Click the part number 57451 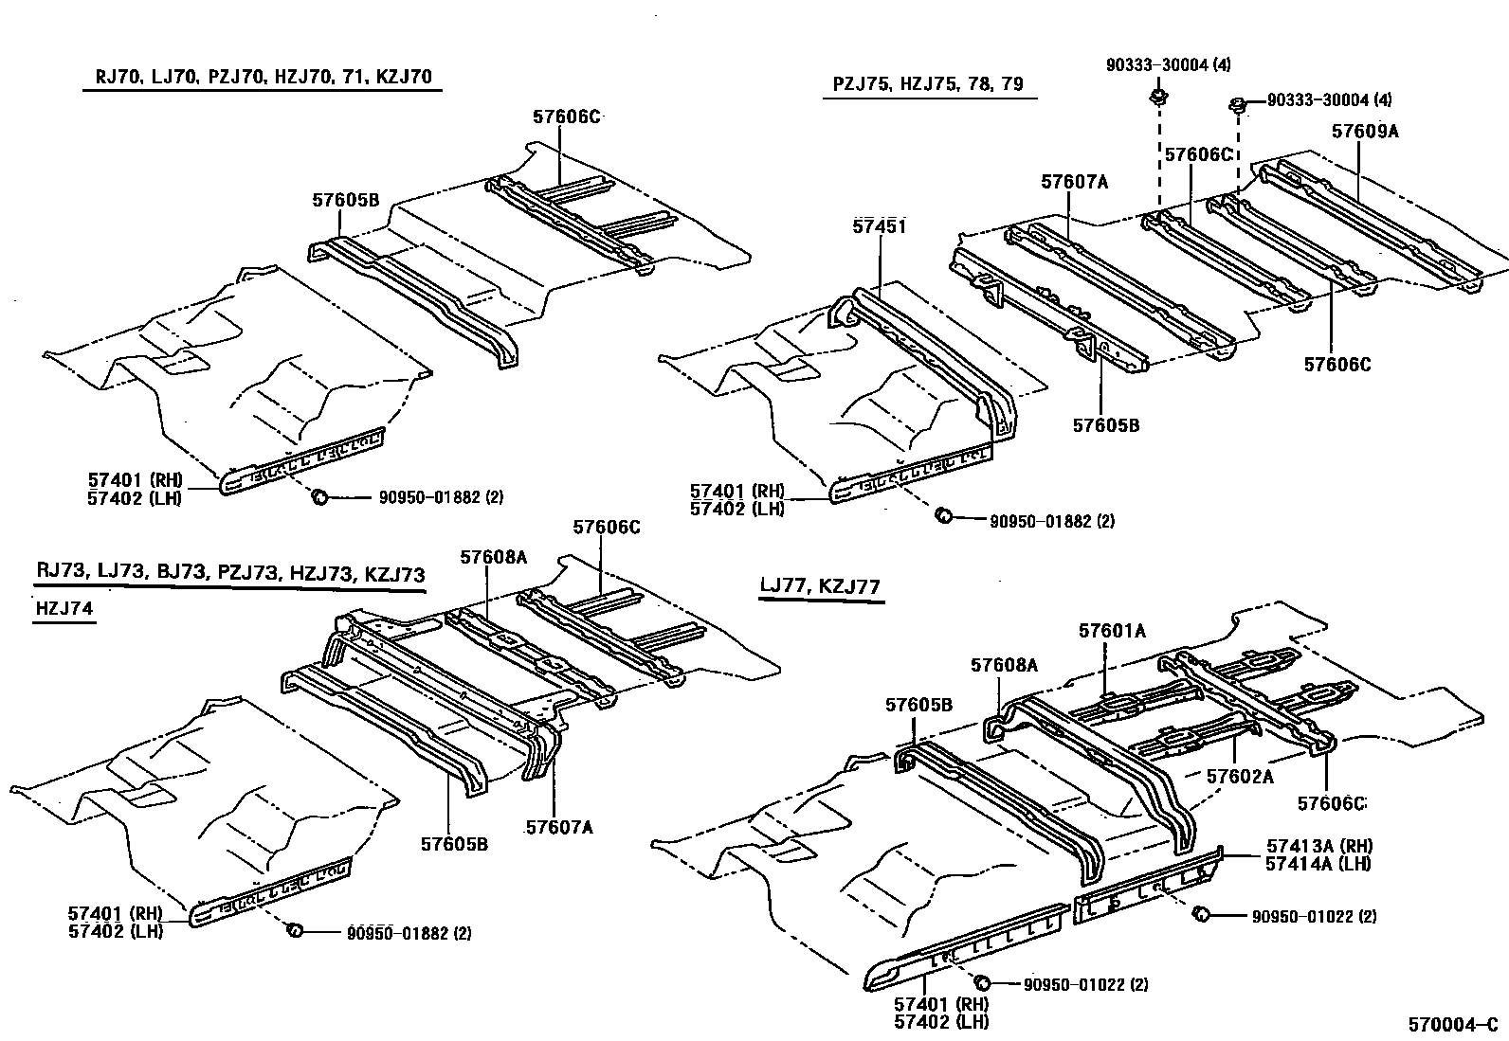880,226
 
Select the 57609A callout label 1364,132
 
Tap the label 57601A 1112,631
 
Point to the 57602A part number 1239,776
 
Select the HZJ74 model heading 64,608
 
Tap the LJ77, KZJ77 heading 820,587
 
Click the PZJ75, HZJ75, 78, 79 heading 928,84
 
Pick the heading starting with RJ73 230,573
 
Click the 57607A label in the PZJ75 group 1074,182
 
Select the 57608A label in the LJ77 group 1004,666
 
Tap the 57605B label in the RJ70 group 345,200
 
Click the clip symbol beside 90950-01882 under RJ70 319,496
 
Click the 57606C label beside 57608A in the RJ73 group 606,527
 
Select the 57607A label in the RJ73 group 559,827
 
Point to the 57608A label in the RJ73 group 493,558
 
